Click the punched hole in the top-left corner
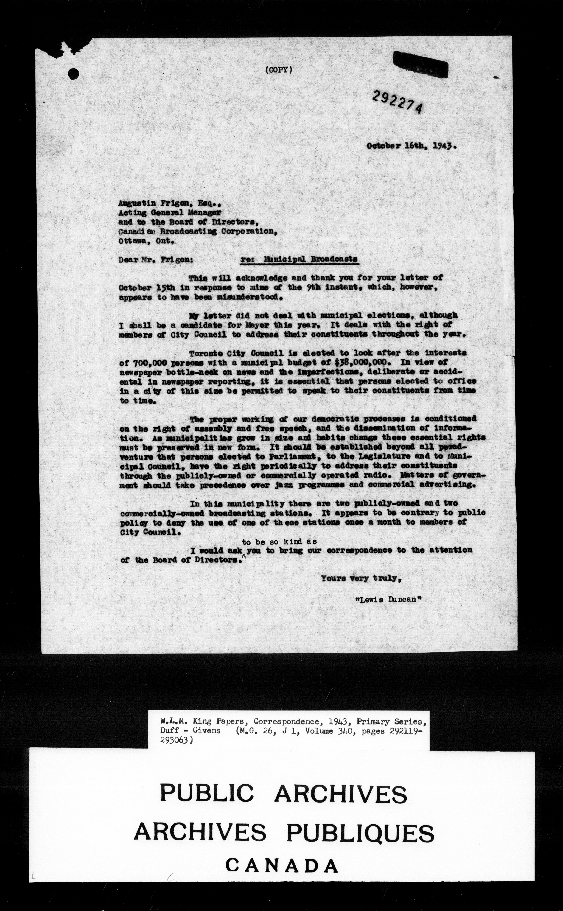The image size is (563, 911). click(x=74, y=74)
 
